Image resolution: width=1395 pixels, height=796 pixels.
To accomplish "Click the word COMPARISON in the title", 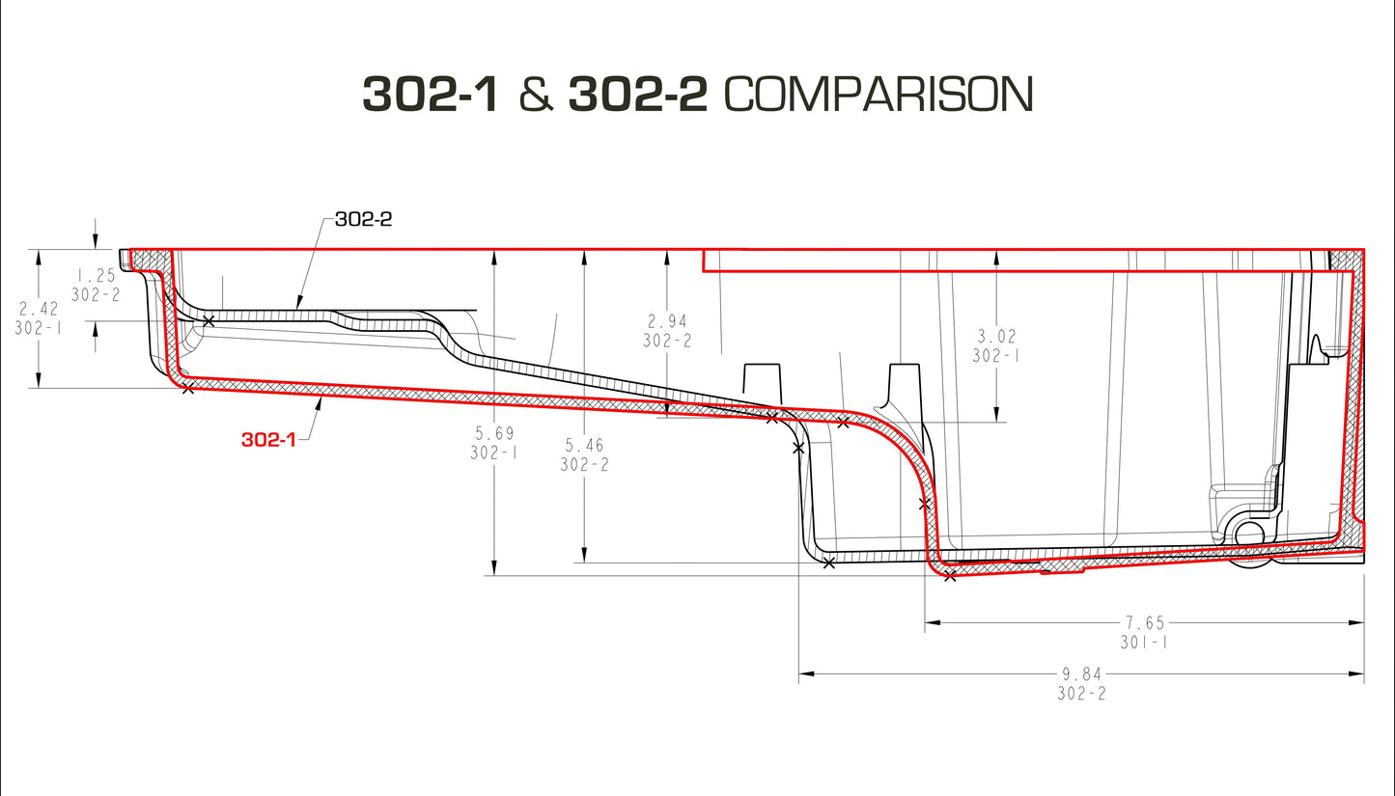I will [x=878, y=95].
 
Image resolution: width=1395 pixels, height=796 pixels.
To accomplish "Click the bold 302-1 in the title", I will [x=431, y=95].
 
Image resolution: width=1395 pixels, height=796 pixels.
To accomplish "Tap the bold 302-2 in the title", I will [x=638, y=95].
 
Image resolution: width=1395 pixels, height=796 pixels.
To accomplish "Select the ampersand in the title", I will [x=534, y=95].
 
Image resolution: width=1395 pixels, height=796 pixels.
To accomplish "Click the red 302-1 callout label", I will [x=268, y=440].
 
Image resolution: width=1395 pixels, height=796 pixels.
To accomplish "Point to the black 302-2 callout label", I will [x=363, y=219].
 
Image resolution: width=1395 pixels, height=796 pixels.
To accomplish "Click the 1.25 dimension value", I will [x=95, y=276].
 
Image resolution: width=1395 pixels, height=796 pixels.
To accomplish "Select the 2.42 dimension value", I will [x=39, y=309].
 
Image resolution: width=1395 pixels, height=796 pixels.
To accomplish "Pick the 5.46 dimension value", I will [x=585, y=445].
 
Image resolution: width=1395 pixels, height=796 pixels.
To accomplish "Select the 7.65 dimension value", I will [x=1144, y=623].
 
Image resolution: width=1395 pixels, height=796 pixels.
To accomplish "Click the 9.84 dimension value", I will [x=1080, y=674].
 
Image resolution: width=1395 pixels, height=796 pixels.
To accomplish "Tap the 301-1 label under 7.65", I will [x=1144, y=642].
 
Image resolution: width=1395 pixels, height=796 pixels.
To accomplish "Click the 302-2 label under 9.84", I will [x=1080, y=694].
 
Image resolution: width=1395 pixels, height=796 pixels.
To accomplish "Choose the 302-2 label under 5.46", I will [x=585, y=464].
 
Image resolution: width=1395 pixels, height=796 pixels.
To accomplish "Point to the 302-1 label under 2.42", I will [x=39, y=328].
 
